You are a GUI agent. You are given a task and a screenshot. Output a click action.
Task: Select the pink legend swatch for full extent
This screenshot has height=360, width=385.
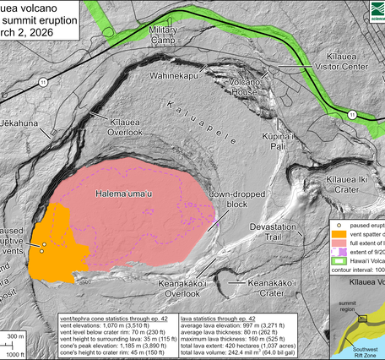click(x=337, y=250)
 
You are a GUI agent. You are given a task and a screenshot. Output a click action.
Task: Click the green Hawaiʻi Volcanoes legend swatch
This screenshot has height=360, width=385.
click(x=337, y=272)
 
